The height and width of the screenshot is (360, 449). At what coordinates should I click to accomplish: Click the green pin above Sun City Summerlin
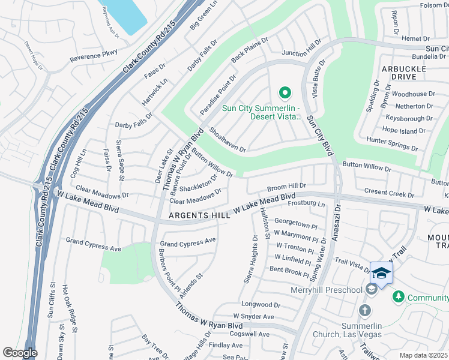[x=285, y=93]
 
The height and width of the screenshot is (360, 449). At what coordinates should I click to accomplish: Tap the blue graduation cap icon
[x=381, y=273]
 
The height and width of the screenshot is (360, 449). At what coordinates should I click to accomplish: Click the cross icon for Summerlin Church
[x=364, y=310]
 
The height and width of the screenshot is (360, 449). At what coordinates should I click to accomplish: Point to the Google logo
[x=20, y=353]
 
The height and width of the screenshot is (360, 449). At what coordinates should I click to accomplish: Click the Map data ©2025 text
[x=424, y=355]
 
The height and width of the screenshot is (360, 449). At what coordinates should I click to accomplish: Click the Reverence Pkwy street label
[x=93, y=57]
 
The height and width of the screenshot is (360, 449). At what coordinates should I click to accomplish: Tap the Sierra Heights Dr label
[x=253, y=259]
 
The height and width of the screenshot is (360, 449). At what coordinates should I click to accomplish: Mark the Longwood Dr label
[x=261, y=305]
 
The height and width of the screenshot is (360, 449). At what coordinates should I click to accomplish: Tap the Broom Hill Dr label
[x=286, y=187]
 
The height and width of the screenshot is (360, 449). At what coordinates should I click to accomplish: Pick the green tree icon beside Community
[x=398, y=297]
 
